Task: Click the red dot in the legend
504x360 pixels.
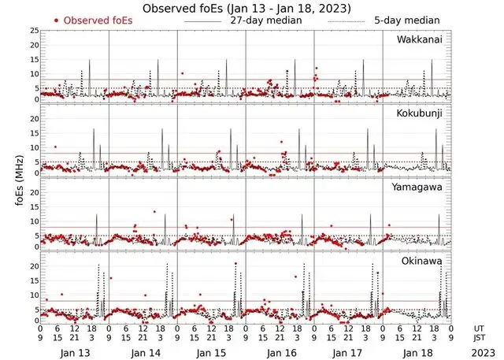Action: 57,20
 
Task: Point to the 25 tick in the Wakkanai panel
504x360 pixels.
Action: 34,31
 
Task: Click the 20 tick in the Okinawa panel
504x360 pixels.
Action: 34,267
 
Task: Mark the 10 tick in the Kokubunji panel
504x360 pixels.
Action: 34,147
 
